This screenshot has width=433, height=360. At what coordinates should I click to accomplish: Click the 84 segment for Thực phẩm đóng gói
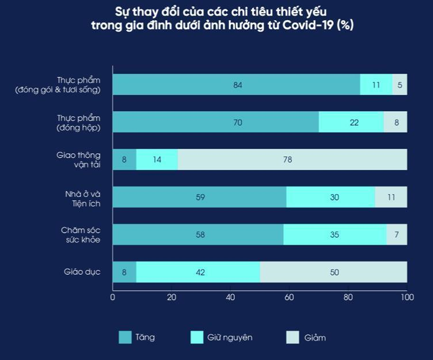click(237, 85)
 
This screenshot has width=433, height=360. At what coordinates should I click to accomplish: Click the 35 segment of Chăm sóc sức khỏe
click(335, 234)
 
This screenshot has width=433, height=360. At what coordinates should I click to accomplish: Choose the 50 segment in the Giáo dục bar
click(333, 272)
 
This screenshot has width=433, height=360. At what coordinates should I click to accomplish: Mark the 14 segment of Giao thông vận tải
click(157, 160)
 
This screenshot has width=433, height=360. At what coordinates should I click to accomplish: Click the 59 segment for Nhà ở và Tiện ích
click(199, 197)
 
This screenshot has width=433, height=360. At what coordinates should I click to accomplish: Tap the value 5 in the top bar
click(400, 85)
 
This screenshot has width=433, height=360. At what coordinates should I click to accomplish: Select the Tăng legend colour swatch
click(124, 338)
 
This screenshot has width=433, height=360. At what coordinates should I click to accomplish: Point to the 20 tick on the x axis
click(172, 297)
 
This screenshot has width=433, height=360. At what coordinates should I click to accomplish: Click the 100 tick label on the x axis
click(407, 297)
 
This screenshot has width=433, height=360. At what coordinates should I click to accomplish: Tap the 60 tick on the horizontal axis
click(289, 297)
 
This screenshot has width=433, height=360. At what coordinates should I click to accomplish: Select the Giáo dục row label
click(82, 272)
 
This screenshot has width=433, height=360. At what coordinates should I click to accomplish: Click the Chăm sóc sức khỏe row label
click(81, 234)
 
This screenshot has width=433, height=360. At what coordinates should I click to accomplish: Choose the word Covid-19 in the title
click(313, 25)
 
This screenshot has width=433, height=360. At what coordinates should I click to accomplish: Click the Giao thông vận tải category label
click(78, 160)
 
